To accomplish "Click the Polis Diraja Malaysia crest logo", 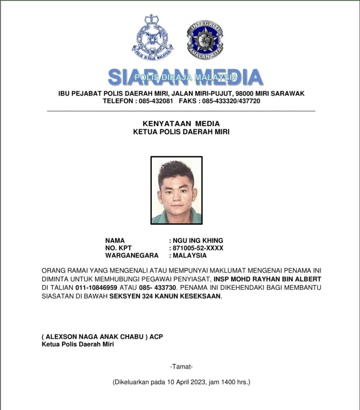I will click(x=152, y=38).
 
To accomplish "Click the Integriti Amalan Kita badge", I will click(x=205, y=39).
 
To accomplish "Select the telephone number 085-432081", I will click(x=156, y=101).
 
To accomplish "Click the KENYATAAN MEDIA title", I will click(x=181, y=123).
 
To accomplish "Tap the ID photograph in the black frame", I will click(x=176, y=190).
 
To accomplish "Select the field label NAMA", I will click(x=115, y=241).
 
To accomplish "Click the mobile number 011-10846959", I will click(x=98, y=287).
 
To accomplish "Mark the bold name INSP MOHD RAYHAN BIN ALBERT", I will click(x=268, y=279).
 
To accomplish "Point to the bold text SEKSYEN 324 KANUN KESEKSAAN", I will click(x=165, y=296).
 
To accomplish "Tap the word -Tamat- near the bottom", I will click(x=181, y=366).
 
